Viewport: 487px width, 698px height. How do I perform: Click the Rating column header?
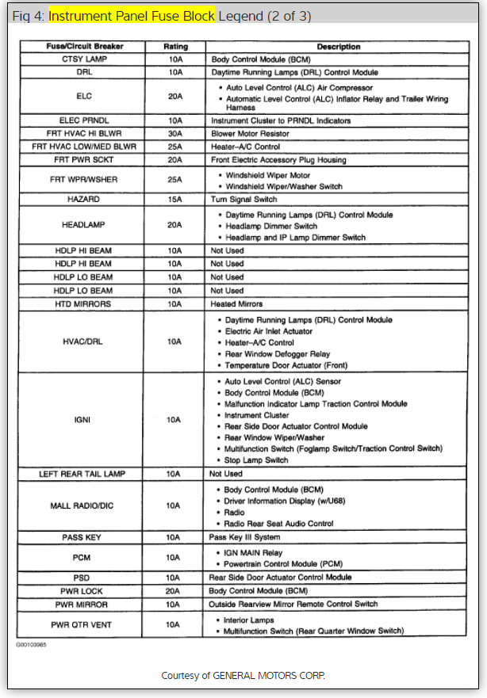[175, 47]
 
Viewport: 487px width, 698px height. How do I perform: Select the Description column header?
[339, 47]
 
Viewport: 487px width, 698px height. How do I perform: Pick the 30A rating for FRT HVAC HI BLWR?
[175, 133]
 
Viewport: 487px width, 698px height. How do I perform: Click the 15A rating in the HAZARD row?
[175, 199]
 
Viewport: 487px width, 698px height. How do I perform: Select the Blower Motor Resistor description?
[250, 133]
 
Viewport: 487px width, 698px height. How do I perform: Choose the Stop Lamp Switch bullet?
[256, 460]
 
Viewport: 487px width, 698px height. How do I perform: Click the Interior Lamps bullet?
[249, 620]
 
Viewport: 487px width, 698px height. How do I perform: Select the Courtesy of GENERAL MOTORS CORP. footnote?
[243, 675]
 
